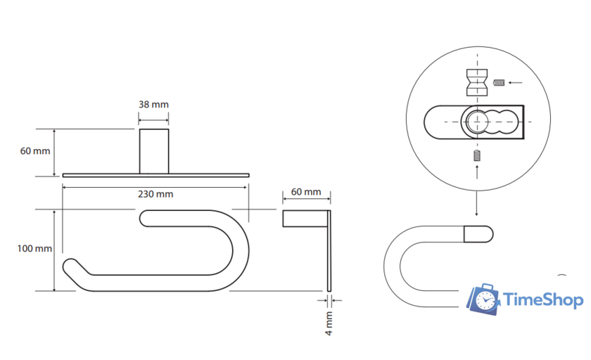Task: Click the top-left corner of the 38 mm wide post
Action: tap(140, 129)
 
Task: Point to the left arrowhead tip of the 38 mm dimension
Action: tap(139, 120)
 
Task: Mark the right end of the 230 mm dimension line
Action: tap(247, 187)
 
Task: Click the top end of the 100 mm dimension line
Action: tap(54, 210)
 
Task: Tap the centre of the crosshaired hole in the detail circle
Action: tap(477, 122)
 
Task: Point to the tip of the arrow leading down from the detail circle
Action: tap(477, 216)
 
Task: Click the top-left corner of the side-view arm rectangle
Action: tap(283, 210)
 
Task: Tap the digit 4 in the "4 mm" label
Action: tap(329, 333)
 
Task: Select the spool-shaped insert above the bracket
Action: tap(477, 82)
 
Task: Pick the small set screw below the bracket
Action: tap(477, 155)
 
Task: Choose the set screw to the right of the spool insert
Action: tap(499, 82)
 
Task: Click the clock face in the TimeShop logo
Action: tap(485, 300)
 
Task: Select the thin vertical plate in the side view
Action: tap(329, 251)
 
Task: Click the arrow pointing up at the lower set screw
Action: tap(477, 172)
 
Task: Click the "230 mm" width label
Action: tap(155, 194)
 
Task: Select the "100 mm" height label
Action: tap(34, 248)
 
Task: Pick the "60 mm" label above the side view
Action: tap(306, 192)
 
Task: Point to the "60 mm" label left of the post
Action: tap(35, 151)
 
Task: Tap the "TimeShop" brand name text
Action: tap(543, 300)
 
